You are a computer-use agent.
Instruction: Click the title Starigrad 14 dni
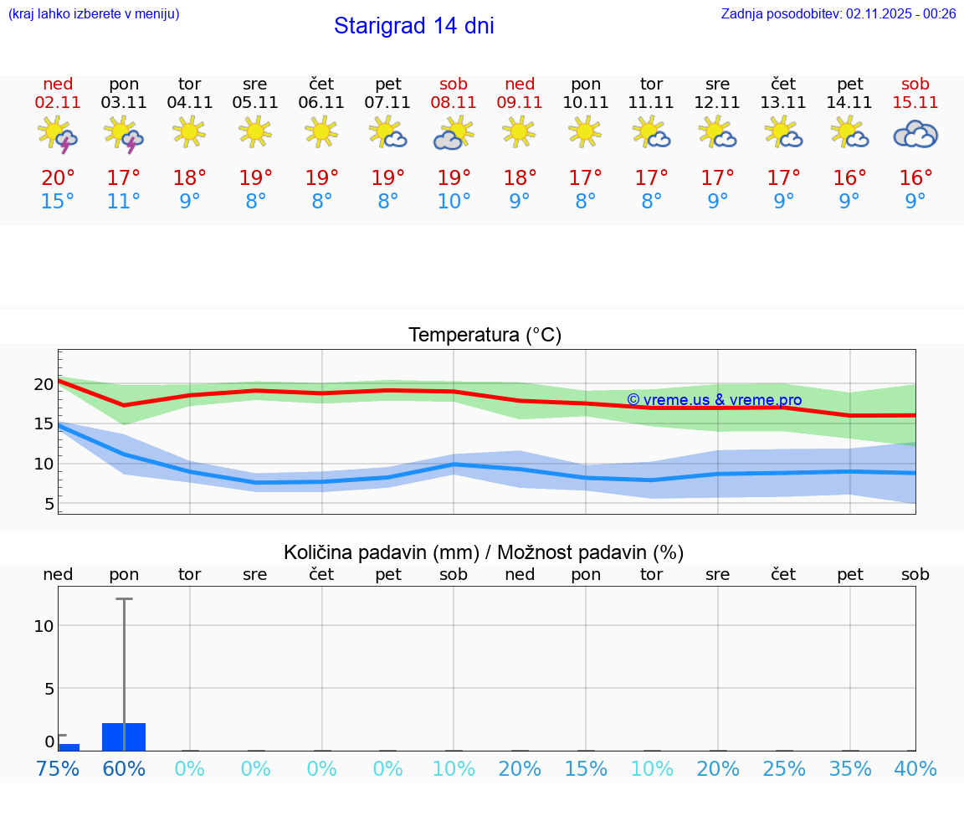(413, 26)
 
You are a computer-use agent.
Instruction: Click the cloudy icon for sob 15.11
(915, 134)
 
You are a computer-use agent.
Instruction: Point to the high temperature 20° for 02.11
(58, 178)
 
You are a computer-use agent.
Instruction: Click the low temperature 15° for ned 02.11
(58, 202)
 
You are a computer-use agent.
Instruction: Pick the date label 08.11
(454, 102)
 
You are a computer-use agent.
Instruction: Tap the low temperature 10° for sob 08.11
(454, 202)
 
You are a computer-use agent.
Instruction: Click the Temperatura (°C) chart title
(485, 336)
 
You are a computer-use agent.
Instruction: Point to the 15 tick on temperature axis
(44, 424)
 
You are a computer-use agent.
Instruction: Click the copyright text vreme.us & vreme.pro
(714, 400)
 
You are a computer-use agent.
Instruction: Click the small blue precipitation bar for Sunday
(69, 747)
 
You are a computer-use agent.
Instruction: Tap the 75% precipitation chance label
(58, 768)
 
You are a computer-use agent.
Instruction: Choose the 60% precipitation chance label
(124, 768)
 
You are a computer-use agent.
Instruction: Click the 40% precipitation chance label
(915, 768)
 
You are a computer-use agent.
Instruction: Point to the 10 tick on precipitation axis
(44, 626)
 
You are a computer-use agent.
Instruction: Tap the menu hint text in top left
(93, 13)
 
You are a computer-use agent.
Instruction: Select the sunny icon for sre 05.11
(255, 131)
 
